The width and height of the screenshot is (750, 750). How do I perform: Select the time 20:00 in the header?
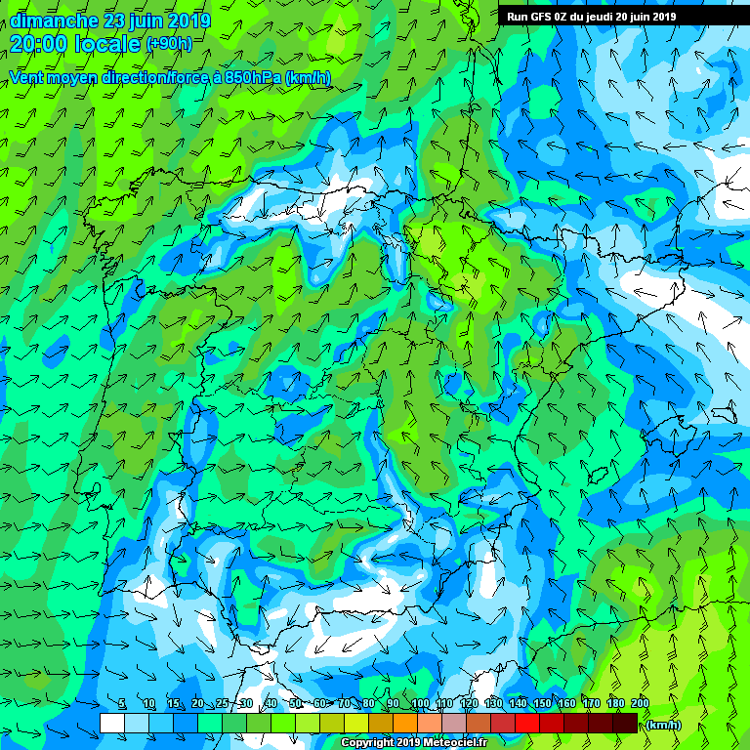point(41,43)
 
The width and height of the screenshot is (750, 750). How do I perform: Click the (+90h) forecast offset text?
point(168,44)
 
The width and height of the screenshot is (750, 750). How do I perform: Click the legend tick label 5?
point(122,704)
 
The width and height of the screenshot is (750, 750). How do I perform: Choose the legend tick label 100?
point(420,704)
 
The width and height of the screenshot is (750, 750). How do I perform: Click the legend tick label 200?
point(640,704)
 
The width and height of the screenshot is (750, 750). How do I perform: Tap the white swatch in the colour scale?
point(111,722)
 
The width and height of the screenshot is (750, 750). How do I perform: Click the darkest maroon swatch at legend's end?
point(625,722)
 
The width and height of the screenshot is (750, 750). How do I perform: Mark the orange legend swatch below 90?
point(405,722)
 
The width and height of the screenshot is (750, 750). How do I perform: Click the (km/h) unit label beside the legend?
point(664,725)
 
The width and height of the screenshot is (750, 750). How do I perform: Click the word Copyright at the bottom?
point(368,742)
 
